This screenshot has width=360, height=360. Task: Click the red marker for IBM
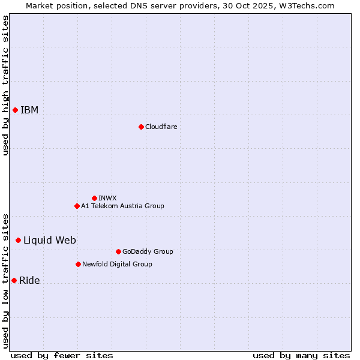coord(15,110)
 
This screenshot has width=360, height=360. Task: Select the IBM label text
coord(29,110)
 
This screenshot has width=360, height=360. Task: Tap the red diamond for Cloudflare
coord(141,127)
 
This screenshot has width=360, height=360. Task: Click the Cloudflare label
coord(161,127)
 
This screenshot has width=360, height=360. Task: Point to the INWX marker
coord(94,198)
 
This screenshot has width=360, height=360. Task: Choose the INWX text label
coord(107,198)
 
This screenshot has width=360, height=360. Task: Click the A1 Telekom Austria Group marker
coord(77,206)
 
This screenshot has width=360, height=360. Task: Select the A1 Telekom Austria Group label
coord(122,206)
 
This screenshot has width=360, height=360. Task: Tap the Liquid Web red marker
coord(18,240)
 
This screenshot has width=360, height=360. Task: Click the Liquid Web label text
coord(50,240)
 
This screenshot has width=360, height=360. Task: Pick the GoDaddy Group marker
coord(118,251)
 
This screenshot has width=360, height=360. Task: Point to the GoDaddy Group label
coord(148,251)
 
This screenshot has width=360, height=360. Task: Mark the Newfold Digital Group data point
coord(78,264)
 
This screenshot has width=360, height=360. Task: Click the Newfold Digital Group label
coord(117,264)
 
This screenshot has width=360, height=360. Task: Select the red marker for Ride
coord(14,280)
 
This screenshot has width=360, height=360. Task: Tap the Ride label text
coord(29,280)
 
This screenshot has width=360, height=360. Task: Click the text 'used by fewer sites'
coord(62,355)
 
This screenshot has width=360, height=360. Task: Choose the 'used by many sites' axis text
coord(301,355)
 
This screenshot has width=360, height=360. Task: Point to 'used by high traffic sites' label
coord(5,85)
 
